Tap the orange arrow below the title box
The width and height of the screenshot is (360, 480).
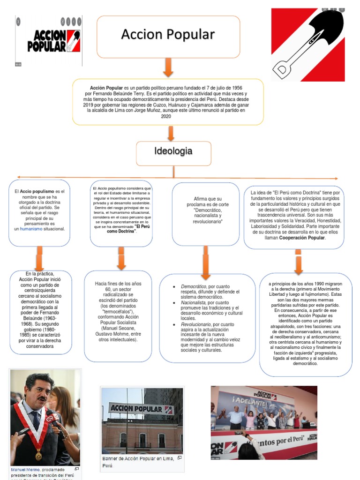click(x=168, y=68)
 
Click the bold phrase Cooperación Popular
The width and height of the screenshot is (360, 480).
click(x=302, y=238)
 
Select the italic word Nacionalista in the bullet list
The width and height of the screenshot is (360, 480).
click(x=193, y=303)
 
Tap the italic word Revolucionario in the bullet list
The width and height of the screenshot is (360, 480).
click(x=196, y=324)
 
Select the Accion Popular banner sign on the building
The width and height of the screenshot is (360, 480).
click(x=141, y=408)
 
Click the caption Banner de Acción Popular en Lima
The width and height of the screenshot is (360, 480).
click(x=138, y=458)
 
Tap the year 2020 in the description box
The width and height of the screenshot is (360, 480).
click(x=166, y=116)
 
